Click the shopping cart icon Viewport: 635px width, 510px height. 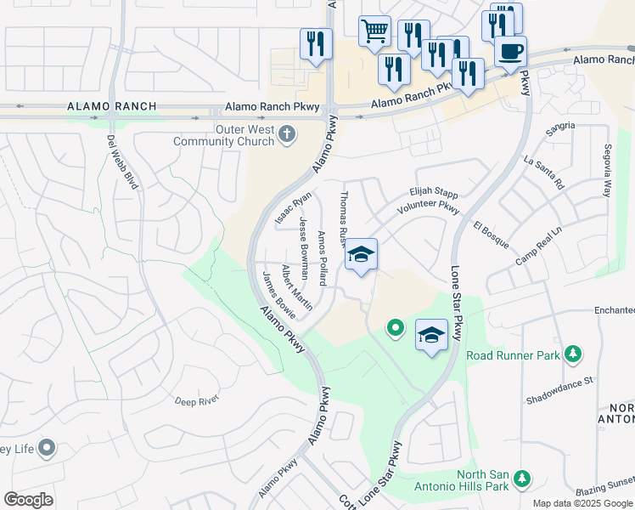coord(374,31)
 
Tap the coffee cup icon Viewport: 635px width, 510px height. coord(510,51)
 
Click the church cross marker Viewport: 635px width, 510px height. coord(287,133)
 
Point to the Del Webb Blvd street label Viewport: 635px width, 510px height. coord(123,161)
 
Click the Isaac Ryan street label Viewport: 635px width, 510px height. coord(294,209)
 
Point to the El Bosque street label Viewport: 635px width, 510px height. coord(492,235)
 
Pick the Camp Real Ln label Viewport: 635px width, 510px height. coord(538,246)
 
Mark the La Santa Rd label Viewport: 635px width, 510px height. coord(544,172)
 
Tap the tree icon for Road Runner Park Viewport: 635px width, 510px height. coord(574,353)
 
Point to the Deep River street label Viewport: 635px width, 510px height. coord(197,399)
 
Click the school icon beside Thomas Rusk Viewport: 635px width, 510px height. coord(361,254)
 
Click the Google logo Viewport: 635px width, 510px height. coord(29,500)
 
